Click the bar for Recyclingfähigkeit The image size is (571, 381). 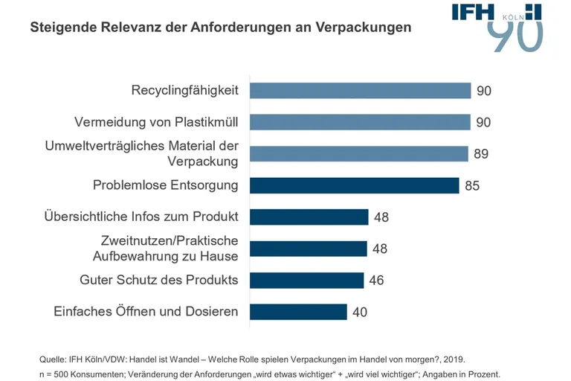point(360,91)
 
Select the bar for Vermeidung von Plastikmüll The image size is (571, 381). point(360,122)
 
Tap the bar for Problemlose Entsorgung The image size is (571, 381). point(354,185)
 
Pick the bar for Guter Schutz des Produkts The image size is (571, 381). point(306,281)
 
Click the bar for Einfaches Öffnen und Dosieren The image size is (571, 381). point(298,312)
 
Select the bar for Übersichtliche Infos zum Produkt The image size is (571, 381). point(309,217)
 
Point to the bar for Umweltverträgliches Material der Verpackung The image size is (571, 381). point(358,154)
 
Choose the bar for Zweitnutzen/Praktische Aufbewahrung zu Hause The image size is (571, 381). point(309,249)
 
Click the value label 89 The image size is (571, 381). point(481,154)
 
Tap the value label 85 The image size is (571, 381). point(472,186)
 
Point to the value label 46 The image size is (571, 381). point(376,281)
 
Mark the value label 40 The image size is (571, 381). point(360,313)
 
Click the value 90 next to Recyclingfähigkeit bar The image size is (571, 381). point(484,91)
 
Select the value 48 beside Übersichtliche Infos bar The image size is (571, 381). point(381,217)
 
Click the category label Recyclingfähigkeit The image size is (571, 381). point(184,91)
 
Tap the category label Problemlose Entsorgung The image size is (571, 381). point(165,185)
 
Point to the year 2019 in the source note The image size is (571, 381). point(455,358)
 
